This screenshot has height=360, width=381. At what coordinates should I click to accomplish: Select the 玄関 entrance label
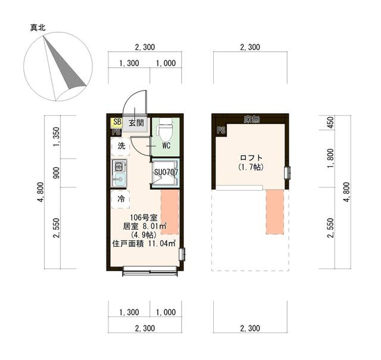click(136, 123)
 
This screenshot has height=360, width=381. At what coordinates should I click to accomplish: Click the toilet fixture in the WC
click(166, 128)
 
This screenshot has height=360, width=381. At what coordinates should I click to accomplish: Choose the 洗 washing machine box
click(121, 146)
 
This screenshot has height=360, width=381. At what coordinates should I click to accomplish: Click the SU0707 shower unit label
click(166, 173)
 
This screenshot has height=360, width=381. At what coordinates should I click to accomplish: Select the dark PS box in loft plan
click(221, 131)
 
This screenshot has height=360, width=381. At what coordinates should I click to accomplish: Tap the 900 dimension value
click(57, 173)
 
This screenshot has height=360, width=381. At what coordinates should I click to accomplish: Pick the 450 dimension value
click(331, 123)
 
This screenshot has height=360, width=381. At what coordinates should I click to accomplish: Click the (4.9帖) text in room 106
click(143, 235)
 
